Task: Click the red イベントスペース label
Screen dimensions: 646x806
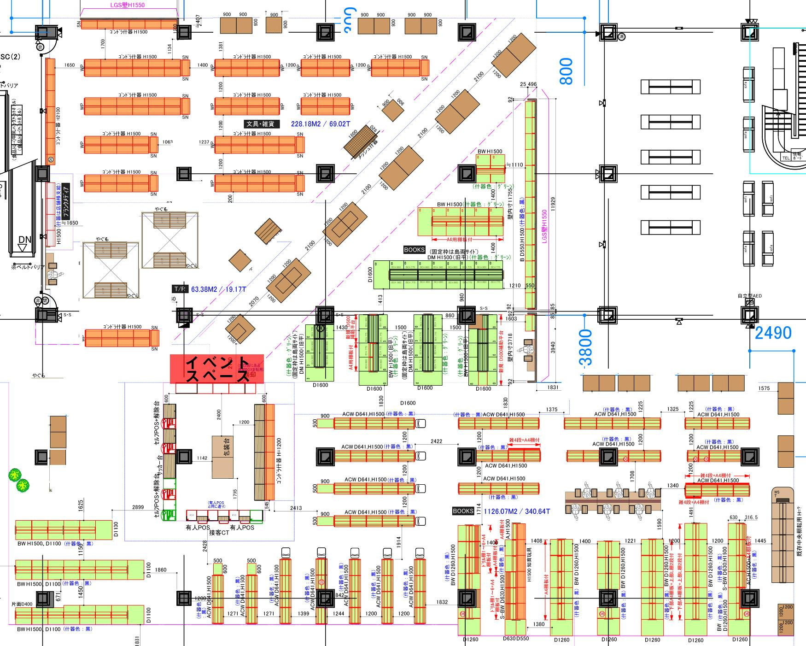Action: pyautogui.click(x=217, y=369)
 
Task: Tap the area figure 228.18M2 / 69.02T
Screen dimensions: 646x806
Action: pyautogui.click(x=320, y=124)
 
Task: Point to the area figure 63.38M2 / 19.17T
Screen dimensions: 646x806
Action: pyautogui.click(x=218, y=289)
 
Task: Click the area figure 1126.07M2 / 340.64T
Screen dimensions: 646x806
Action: pyautogui.click(x=516, y=511)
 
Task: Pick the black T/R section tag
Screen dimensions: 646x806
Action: pyautogui.click(x=180, y=289)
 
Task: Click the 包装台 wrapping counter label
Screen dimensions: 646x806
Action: pyautogui.click(x=227, y=446)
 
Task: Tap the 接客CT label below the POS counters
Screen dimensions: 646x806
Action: pyautogui.click(x=219, y=533)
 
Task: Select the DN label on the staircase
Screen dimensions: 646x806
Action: pyautogui.click(x=24, y=240)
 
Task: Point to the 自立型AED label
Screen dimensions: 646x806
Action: pyautogui.click(x=749, y=296)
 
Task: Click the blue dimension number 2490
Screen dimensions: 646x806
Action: pyautogui.click(x=773, y=333)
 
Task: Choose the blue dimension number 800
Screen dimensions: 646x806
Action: pyautogui.click(x=567, y=71)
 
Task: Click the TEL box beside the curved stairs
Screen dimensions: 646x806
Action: pyautogui.click(x=786, y=158)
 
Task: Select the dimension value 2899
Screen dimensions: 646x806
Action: pyautogui.click(x=138, y=507)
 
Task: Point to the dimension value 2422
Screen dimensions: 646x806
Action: pyautogui.click(x=436, y=441)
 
